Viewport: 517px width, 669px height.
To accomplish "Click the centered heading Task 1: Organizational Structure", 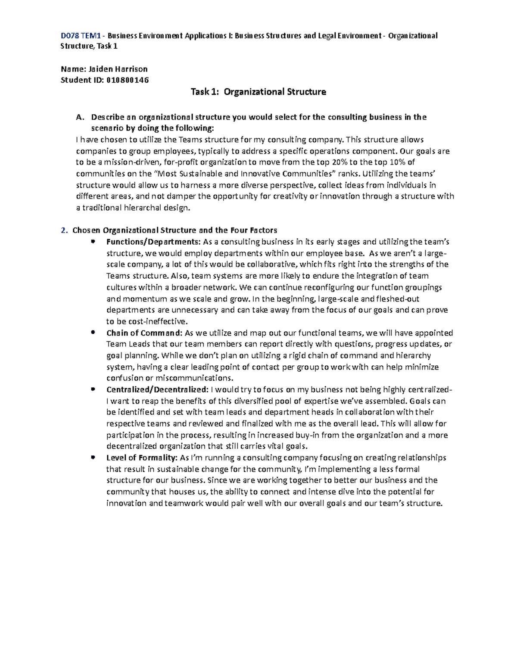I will (258, 92).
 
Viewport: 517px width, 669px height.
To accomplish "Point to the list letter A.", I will (78, 117).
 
